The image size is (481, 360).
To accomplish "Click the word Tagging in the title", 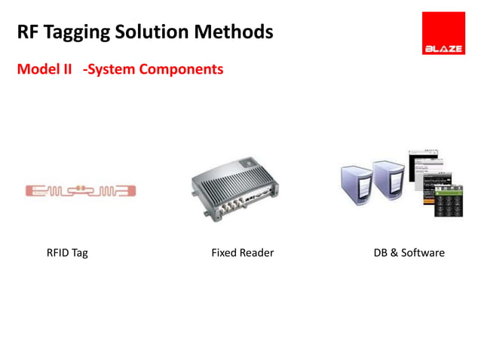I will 79,32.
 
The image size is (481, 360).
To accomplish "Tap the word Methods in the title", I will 234,32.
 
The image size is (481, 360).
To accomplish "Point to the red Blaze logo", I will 443,33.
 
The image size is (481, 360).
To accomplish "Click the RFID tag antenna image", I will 80,191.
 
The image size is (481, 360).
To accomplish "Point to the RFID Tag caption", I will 67,253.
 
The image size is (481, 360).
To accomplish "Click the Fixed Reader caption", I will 242,253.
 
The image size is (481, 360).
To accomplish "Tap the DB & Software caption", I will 409,253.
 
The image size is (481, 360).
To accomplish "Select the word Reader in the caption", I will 256,253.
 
